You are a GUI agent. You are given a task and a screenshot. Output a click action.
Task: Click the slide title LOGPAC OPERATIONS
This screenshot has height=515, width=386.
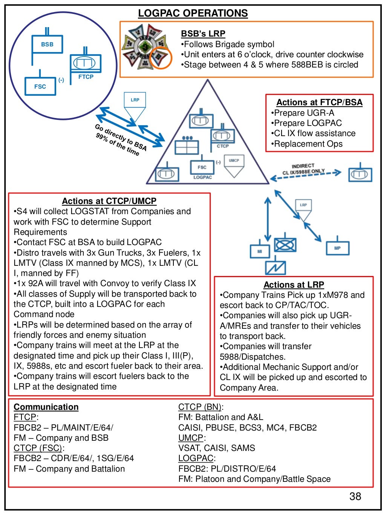(x=193, y=13)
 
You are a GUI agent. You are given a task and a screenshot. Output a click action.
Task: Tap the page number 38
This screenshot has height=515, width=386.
(x=355, y=496)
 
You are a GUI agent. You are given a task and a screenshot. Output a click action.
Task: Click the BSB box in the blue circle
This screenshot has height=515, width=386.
(x=47, y=44)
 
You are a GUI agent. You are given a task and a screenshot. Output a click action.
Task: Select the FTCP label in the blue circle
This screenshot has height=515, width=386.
(x=86, y=77)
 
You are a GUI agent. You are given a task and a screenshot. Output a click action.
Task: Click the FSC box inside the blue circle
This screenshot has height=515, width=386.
(x=40, y=86)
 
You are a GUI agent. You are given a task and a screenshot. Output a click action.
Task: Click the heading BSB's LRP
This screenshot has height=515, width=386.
(x=203, y=34)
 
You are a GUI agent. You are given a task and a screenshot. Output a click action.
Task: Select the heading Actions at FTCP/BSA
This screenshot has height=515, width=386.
(x=319, y=102)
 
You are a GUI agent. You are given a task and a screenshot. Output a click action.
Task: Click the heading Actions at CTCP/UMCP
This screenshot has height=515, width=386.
(x=109, y=201)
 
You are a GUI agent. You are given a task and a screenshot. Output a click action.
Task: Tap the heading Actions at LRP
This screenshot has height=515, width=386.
(x=294, y=285)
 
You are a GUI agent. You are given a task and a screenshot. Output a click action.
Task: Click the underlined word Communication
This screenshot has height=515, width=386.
(x=46, y=407)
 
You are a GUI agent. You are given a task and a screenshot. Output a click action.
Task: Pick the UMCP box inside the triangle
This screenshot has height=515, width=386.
(x=234, y=161)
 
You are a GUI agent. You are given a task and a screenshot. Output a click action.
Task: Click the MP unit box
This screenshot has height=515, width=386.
(x=337, y=248)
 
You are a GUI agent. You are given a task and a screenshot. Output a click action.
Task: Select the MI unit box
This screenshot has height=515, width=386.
(x=260, y=251)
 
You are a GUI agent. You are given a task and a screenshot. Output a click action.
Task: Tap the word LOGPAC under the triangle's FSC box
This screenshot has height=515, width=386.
(x=202, y=177)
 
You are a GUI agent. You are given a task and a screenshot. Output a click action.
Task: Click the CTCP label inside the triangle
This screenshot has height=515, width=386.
(x=222, y=146)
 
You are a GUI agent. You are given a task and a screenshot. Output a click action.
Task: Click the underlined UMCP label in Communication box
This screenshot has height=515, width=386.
(x=191, y=438)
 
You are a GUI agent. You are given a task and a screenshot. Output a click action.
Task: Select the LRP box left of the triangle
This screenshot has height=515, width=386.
(x=135, y=100)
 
